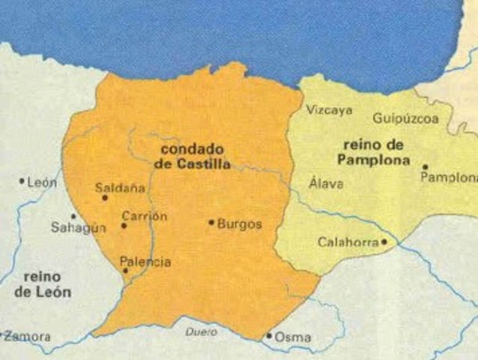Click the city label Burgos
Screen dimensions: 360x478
[x=240, y=223]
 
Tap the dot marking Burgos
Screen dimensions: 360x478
[x=212, y=222]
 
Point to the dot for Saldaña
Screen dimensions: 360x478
[x=105, y=198]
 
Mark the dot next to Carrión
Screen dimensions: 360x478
[x=124, y=226]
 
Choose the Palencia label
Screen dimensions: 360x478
[x=145, y=262]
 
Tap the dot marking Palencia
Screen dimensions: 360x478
[x=125, y=271]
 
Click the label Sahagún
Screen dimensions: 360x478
[x=78, y=227]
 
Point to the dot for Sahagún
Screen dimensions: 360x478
[x=73, y=216]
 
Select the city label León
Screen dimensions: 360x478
[x=42, y=182]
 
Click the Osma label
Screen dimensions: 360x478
[x=293, y=337]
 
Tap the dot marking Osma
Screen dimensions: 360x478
[x=269, y=336]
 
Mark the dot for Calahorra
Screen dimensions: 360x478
[x=384, y=241]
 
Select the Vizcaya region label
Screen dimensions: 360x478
[x=329, y=110]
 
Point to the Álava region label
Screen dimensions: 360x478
[x=326, y=183]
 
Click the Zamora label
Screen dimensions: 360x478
[x=28, y=337]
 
